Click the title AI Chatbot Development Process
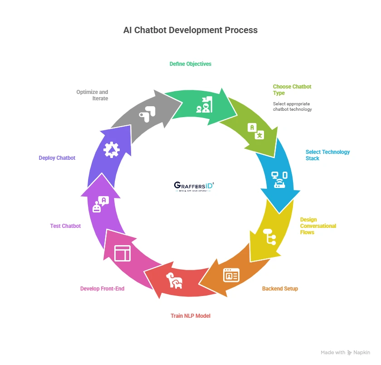point(190,30)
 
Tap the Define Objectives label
point(190,64)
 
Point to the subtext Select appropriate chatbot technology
point(292,107)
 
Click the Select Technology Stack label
point(327,155)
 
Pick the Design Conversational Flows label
point(318,226)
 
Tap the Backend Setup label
point(280,289)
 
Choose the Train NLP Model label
point(190,316)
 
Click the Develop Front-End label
point(102,289)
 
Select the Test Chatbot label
point(65,226)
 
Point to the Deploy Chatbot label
point(57,158)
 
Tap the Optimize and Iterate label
point(92,95)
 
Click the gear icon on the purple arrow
point(111,149)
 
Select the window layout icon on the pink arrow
point(122,253)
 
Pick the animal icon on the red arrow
point(174,281)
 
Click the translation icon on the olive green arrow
point(255,131)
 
